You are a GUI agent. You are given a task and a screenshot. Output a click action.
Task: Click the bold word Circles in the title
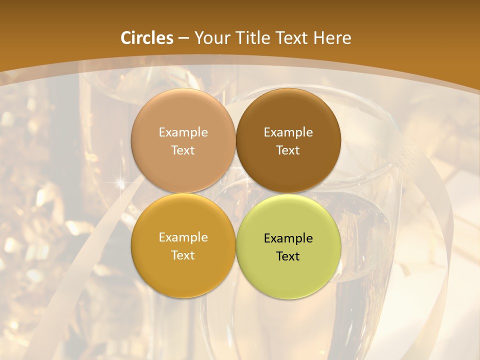coord(147,38)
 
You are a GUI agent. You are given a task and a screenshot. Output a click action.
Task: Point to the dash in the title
coord(183,38)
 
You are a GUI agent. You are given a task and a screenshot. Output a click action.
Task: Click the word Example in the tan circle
coord(183,132)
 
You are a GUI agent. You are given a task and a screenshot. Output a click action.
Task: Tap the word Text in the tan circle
coord(183,150)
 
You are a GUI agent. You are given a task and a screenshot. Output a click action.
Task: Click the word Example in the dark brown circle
coord(288,132)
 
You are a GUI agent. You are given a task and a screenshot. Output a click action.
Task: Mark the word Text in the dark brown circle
coord(288,150)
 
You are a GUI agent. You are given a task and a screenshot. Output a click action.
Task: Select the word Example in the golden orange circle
coord(183,237)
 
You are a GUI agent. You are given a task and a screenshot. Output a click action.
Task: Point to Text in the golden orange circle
coord(183,255)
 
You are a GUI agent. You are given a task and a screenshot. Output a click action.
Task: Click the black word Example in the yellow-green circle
coord(288,238)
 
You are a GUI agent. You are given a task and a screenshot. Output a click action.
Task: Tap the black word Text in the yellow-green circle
coord(288,256)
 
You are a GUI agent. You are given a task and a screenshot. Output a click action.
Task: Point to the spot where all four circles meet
coord(235,193)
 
